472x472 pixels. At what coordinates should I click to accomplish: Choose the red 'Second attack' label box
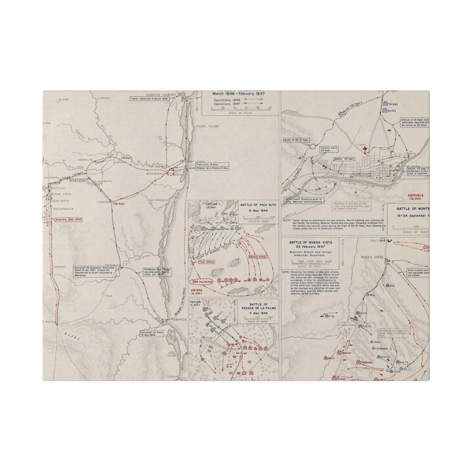click(257, 257)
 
